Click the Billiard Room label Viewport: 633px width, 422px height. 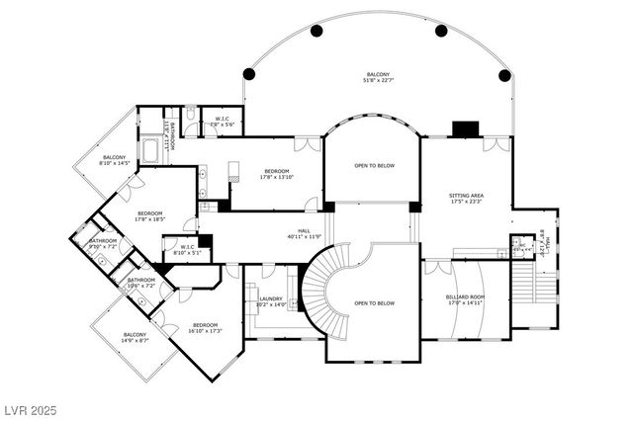(465, 298)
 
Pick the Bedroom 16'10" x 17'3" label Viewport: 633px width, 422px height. (205, 328)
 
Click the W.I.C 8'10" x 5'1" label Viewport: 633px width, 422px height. (186, 250)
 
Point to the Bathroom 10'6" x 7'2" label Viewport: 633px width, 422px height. (141, 283)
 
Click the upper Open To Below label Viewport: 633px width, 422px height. (374, 165)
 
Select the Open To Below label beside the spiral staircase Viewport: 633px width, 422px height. (374, 303)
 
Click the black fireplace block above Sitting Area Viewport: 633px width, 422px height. (464, 128)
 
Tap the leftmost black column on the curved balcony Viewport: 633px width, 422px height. (250, 74)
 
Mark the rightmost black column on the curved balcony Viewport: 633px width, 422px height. (504, 75)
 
